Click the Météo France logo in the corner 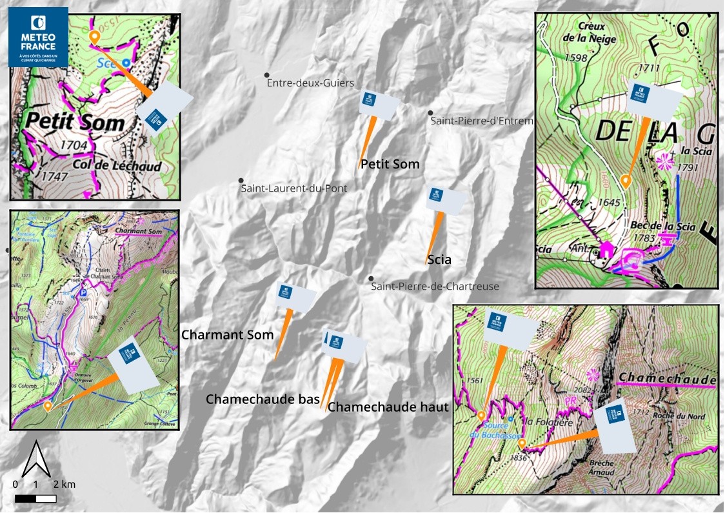38,37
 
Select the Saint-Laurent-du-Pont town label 293,188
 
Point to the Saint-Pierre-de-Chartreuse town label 435,286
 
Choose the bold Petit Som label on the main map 390,165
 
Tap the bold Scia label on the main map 439,261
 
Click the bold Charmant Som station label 228,335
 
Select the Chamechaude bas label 263,399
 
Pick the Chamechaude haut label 388,407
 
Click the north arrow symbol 37,458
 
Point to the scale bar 35,498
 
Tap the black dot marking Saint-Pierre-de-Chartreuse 371,279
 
